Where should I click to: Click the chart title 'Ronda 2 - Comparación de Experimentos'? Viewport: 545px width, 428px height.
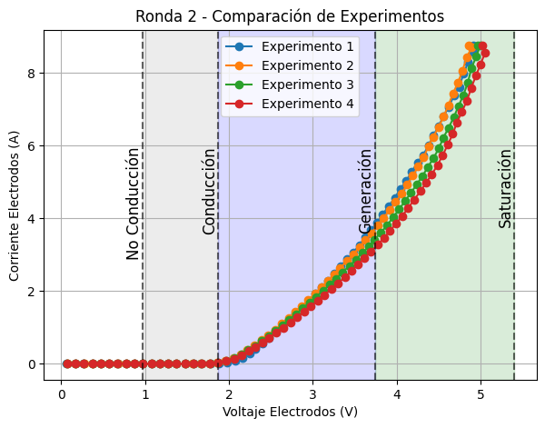[290, 16]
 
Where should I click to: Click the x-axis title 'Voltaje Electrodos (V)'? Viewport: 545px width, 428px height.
[290, 412]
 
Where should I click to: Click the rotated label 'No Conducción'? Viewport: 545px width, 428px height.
[134, 204]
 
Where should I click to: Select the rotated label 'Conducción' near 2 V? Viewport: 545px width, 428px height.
[209, 192]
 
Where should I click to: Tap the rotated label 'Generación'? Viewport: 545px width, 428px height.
[366, 191]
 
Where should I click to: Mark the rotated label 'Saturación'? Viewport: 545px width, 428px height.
[505, 188]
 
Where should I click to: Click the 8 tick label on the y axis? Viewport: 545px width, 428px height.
[31, 73]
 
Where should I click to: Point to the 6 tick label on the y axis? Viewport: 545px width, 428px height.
[31, 145]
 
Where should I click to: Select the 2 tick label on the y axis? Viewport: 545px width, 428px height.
[31, 291]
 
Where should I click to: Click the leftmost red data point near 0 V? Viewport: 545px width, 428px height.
[66, 363]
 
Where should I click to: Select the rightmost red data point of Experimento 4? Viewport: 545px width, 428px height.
[485, 53]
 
